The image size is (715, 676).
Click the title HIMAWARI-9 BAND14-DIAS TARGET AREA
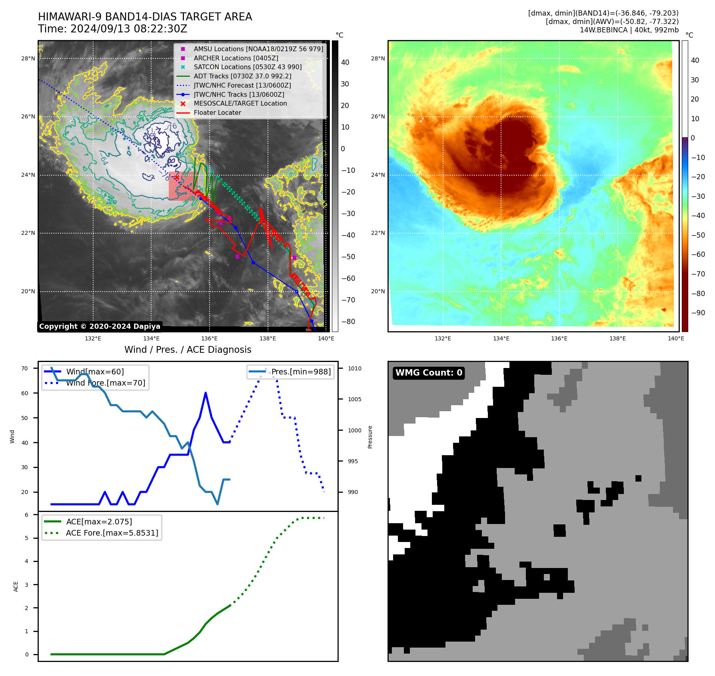(x=145, y=17)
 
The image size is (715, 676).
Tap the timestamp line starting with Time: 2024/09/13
(x=112, y=29)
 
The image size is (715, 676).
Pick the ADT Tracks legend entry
(x=242, y=76)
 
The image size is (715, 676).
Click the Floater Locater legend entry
(x=217, y=113)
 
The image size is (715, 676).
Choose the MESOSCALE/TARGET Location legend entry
(x=240, y=104)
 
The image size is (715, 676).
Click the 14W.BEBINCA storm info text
(x=629, y=30)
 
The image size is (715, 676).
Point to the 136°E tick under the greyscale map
(x=209, y=339)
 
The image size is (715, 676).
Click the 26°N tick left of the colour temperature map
(x=378, y=117)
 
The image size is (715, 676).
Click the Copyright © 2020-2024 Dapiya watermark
(x=100, y=326)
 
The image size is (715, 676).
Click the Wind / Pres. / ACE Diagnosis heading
(x=188, y=350)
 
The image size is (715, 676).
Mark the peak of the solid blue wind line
(x=206, y=393)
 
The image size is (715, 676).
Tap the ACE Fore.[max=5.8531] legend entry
(x=112, y=533)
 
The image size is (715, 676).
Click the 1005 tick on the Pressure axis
(x=354, y=399)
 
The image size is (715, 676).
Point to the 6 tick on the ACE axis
(x=27, y=515)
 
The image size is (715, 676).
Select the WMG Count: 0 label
(x=429, y=373)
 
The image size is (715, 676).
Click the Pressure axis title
(x=370, y=437)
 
